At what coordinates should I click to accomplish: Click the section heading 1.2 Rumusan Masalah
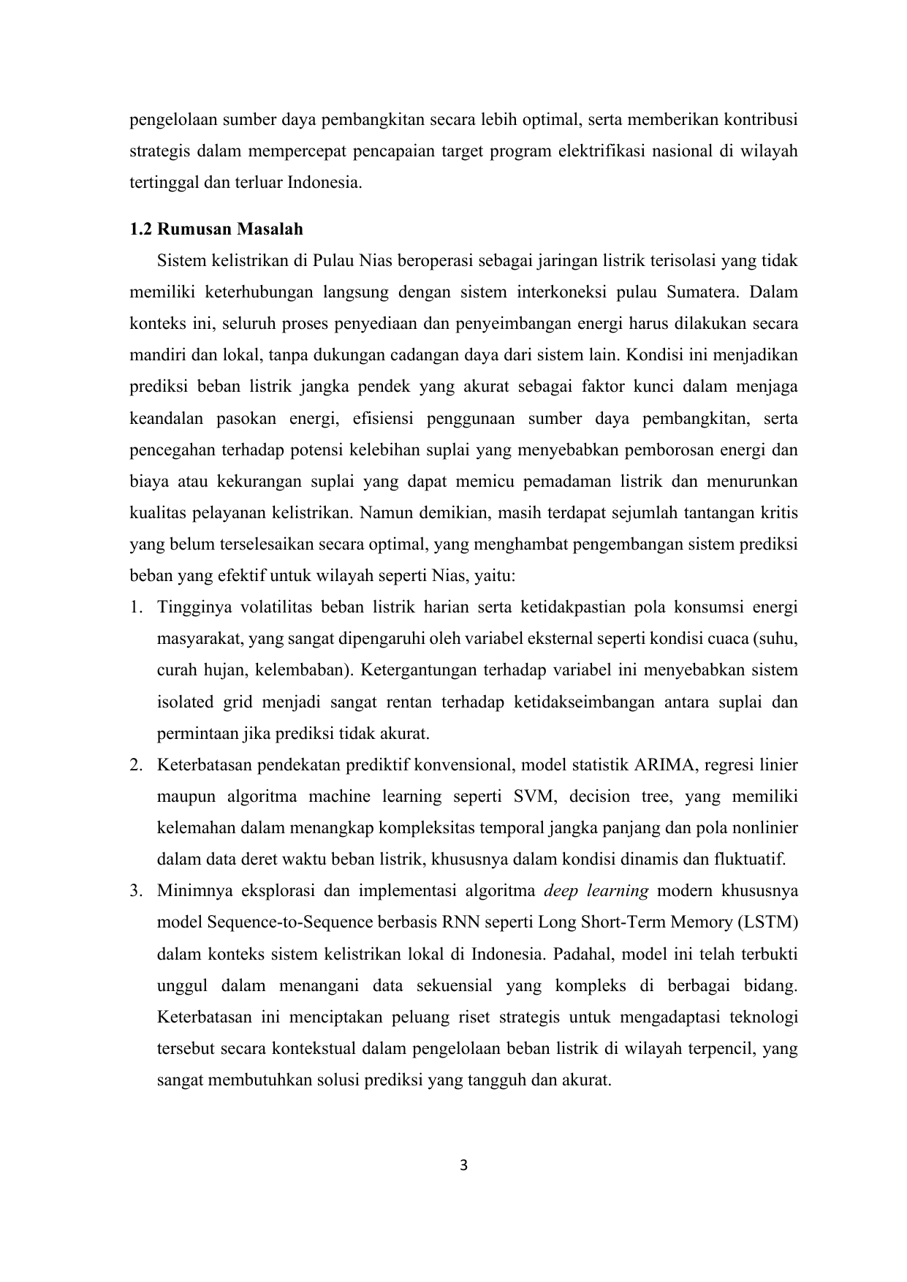216,230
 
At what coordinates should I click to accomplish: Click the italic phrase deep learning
596,891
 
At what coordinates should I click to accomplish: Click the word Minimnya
190,891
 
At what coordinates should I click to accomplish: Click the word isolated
185,702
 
